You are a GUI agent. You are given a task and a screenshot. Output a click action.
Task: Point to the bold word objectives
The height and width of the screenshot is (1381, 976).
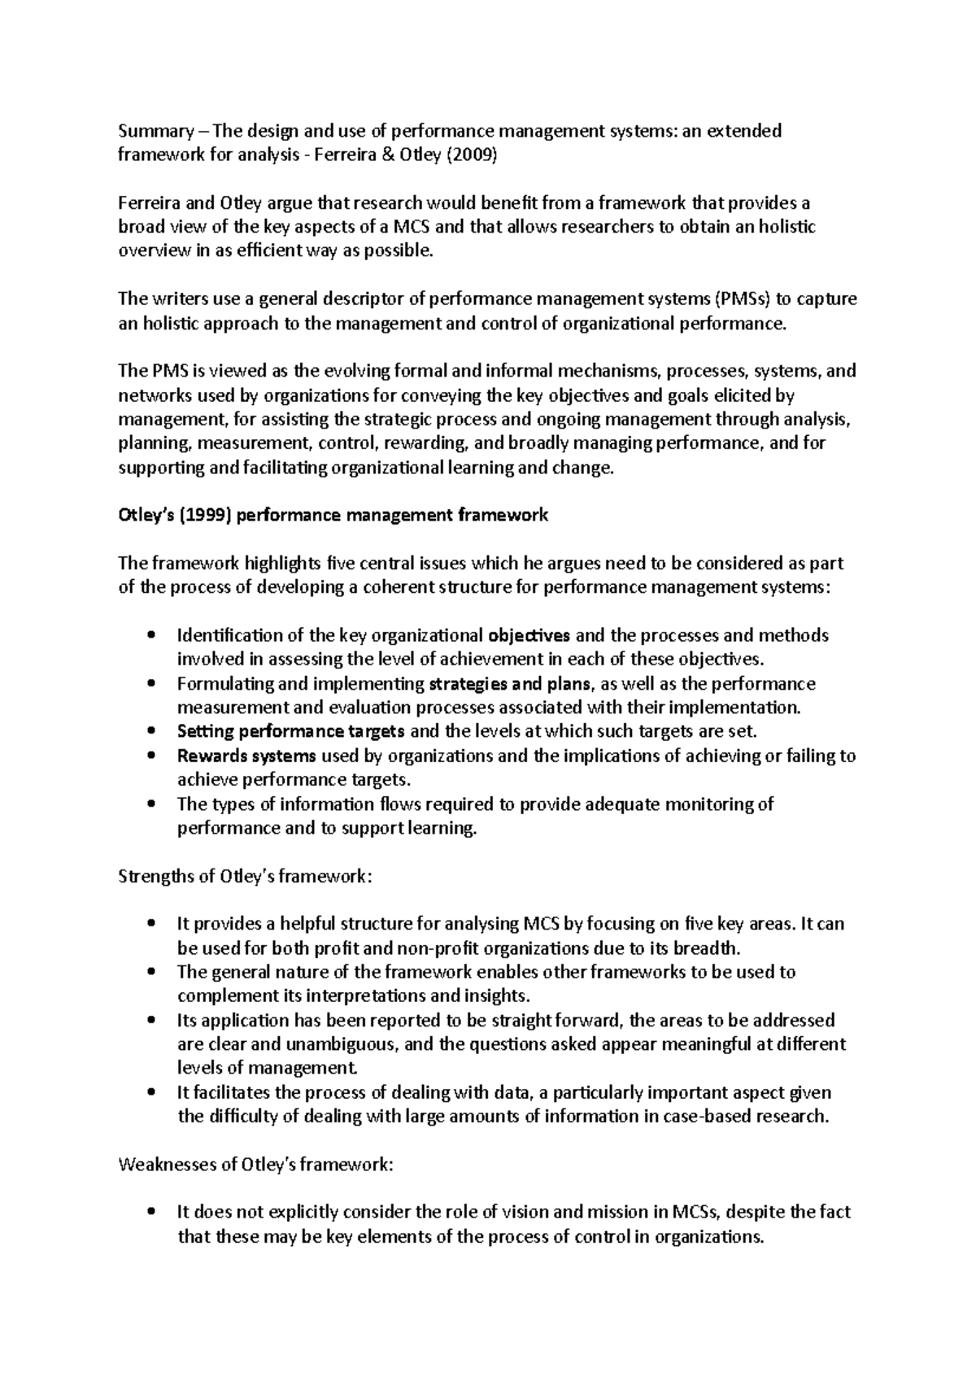[x=529, y=635]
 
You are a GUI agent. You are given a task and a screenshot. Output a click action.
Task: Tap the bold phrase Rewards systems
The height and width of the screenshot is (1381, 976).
[x=246, y=756]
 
